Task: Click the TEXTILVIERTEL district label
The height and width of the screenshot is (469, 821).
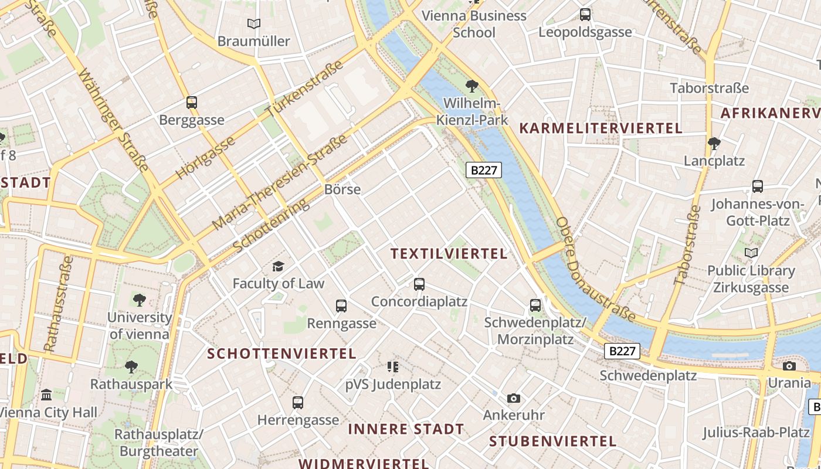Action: pyautogui.click(x=449, y=254)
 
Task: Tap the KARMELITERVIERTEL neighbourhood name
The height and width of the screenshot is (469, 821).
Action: pyautogui.click(x=601, y=128)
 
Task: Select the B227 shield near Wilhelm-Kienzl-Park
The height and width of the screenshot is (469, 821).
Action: pyautogui.click(x=484, y=170)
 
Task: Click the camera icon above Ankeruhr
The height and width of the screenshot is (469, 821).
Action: pyautogui.click(x=514, y=399)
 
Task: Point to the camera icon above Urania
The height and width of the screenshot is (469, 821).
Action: pyautogui.click(x=789, y=366)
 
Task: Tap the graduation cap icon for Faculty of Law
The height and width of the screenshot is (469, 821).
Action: pyautogui.click(x=278, y=266)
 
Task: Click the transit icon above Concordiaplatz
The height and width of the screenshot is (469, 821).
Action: pyautogui.click(x=419, y=284)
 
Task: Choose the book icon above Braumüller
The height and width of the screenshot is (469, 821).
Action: pyautogui.click(x=253, y=24)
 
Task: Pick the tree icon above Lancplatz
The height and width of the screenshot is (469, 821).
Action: pyautogui.click(x=714, y=143)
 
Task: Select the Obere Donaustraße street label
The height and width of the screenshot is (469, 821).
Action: pyautogui.click(x=595, y=270)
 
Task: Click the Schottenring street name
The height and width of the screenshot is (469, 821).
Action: pyautogui.click(x=271, y=226)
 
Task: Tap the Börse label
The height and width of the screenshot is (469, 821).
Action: pyautogui.click(x=342, y=189)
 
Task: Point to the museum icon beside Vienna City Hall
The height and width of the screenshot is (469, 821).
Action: pyautogui.click(x=46, y=395)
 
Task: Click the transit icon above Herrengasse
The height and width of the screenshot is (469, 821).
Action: pyautogui.click(x=298, y=403)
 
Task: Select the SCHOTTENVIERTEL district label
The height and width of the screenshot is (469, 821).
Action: pyautogui.click(x=281, y=354)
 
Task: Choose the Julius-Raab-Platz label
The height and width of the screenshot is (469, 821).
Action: pyautogui.click(x=756, y=433)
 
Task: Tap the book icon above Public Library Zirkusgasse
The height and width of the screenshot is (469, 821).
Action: pyautogui.click(x=751, y=253)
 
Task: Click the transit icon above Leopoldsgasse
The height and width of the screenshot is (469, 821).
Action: pyautogui.click(x=585, y=15)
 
